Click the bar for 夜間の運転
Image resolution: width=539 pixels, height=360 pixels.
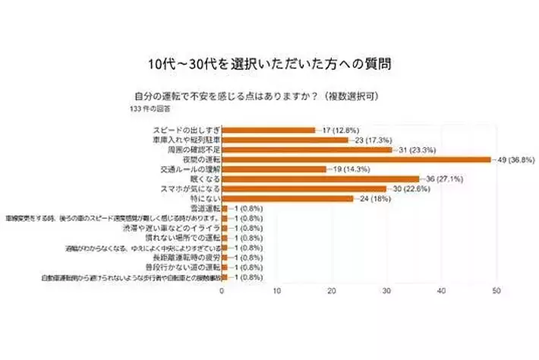(x=357, y=159)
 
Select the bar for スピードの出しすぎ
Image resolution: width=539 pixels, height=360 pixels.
(x=269, y=130)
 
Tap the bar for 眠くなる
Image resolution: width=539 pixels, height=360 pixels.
(x=321, y=179)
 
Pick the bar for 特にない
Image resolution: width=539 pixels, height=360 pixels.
(x=288, y=199)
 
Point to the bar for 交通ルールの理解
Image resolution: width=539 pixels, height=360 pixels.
(x=274, y=169)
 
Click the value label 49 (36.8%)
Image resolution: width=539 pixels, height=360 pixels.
(x=516, y=159)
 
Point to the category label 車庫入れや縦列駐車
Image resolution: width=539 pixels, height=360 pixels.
(x=186, y=140)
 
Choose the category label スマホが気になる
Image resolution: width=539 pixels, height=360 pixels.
(x=190, y=189)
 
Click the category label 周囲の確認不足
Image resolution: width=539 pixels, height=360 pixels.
(x=192, y=150)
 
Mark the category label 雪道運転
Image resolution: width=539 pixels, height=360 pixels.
(x=203, y=209)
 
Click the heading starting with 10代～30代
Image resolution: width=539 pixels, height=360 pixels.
(x=269, y=62)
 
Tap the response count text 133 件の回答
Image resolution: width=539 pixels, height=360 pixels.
(x=151, y=109)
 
